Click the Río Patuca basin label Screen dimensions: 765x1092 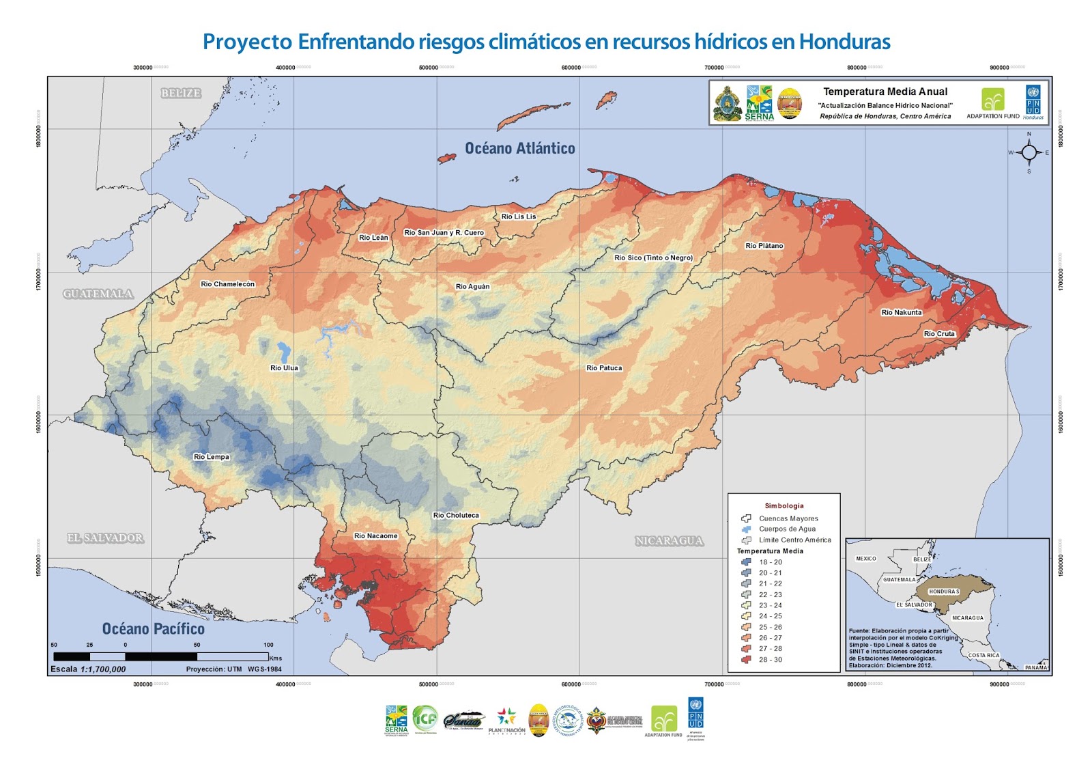click(x=604, y=368)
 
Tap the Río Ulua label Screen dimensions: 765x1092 click(x=284, y=368)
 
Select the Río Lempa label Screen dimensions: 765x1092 click(x=212, y=457)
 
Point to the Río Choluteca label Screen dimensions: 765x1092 click(x=456, y=516)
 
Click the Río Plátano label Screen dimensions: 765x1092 click(x=764, y=246)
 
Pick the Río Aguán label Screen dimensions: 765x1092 click(x=472, y=287)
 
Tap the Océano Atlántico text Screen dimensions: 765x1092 click(x=520, y=148)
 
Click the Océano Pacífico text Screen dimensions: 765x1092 click(x=153, y=629)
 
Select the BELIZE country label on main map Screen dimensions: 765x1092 click(x=181, y=94)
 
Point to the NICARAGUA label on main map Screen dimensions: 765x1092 click(x=669, y=541)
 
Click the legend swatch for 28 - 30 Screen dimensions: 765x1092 click(x=746, y=660)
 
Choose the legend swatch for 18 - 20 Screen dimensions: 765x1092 click(x=746, y=562)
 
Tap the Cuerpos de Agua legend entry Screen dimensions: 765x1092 click(x=787, y=529)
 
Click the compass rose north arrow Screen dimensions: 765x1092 click(x=1029, y=152)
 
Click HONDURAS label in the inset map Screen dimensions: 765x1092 click(x=944, y=592)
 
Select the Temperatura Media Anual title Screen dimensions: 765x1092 click(x=885, y=92)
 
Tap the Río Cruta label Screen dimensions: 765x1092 click(x=939, y=334)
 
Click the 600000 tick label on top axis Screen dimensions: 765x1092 click(x=571, y=68)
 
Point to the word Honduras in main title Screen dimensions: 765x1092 click(x=844, y=42)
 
